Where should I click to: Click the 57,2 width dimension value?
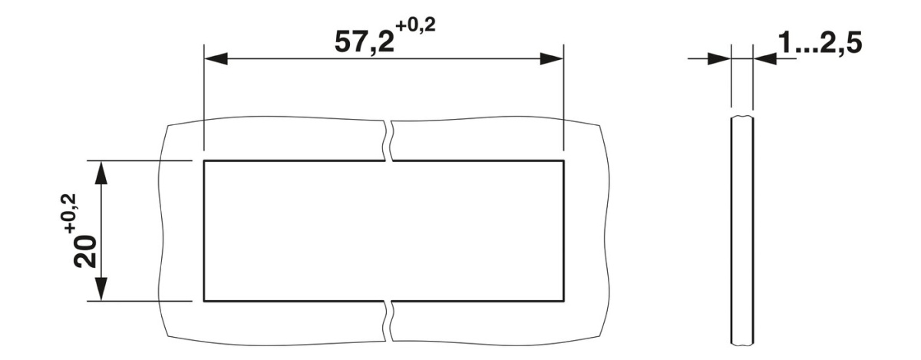coord(365,42)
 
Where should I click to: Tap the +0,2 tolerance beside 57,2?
coord(415,26)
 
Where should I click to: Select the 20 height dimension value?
coord(84,251)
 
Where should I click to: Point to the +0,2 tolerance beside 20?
coord(68,213)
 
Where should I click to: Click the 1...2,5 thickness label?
coord(820,42)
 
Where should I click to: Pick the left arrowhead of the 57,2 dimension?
coord(216,59)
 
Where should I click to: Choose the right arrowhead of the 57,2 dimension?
coord(552,59)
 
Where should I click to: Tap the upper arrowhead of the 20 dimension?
coord(101,173)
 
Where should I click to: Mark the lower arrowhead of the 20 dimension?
coord(101,289)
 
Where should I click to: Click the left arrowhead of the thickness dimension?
coord(720,59)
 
